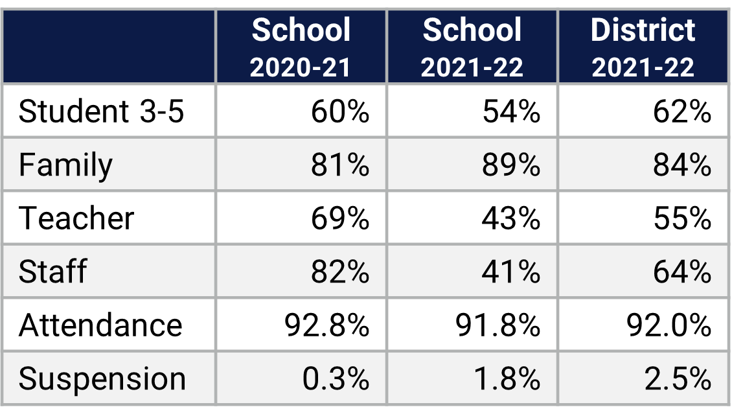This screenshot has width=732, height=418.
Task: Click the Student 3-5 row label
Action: [101, 112]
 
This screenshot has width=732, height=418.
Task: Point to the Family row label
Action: [65, 165]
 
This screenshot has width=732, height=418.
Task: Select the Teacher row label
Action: [76, 218]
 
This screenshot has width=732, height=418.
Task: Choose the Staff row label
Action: [52, 272]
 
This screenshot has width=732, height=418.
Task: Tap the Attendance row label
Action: [100, 325]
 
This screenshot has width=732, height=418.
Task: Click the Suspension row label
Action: [102, 378]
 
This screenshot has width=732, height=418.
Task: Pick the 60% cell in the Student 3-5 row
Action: [340, 112]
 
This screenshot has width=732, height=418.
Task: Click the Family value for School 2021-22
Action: [511, 165]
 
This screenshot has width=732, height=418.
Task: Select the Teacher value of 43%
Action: [511, 218]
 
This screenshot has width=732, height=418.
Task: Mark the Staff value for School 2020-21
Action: [340, 272]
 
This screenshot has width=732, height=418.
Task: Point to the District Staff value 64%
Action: [682, 272]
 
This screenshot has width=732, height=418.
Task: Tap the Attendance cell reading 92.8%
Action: [327, 325]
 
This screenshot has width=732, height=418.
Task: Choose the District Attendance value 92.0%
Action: [669, 325]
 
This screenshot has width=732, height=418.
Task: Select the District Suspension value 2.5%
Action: [678, 378]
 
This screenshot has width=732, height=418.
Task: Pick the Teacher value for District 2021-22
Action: [682, 218]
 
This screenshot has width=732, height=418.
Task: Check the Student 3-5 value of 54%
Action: [511, 112]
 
